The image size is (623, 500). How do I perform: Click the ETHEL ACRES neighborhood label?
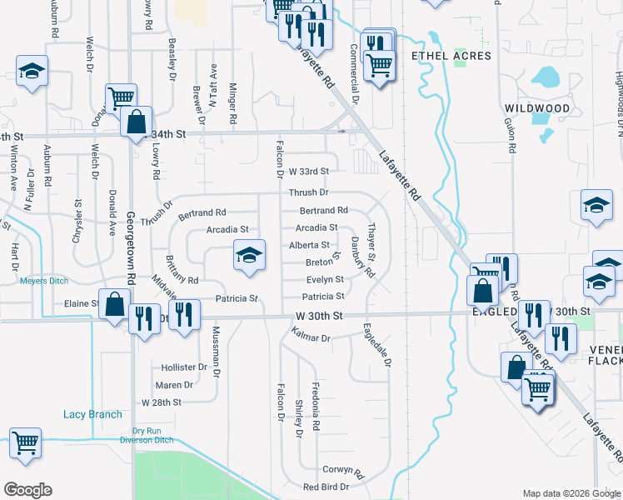pos(451,56)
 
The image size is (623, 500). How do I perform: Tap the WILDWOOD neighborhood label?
pos(537,108)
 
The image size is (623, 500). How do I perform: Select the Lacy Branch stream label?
pos(92,414)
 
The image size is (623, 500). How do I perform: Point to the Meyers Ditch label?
pos(43,281)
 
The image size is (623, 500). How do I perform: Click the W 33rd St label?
pos(309,171)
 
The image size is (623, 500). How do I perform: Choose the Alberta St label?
pos(309,245)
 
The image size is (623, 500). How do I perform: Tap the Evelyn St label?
pos(325,280)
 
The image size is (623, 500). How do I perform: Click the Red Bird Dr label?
pos(324,487)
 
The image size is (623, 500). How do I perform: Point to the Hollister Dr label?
pos(184,367)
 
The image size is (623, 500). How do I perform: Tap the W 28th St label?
pos(162,402)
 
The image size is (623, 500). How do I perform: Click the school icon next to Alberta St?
pos(249,257)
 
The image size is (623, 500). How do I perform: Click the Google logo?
pos(27,490)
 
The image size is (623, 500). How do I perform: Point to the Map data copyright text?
pos(571,493)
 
